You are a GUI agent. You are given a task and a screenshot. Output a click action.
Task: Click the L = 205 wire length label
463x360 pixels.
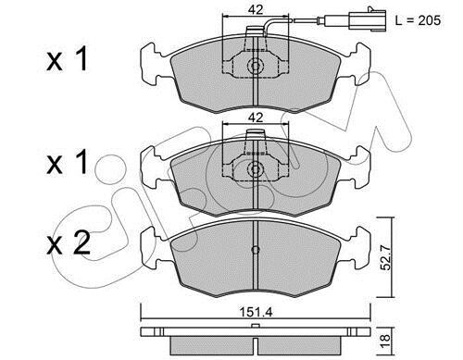(x=418, y=20)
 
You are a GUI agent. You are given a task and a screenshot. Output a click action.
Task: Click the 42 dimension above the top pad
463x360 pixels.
(x=256, y=10)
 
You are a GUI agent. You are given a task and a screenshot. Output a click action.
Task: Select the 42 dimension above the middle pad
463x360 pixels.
(x=256, y=118)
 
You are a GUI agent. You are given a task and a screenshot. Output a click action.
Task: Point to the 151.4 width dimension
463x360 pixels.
(x=256, y=313)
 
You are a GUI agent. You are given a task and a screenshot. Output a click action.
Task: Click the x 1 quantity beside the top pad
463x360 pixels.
(x=68, y=60)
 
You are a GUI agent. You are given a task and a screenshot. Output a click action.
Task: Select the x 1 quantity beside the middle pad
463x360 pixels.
(x=68, y=162)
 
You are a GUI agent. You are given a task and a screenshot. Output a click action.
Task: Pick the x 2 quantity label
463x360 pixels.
(x=69, y=243)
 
